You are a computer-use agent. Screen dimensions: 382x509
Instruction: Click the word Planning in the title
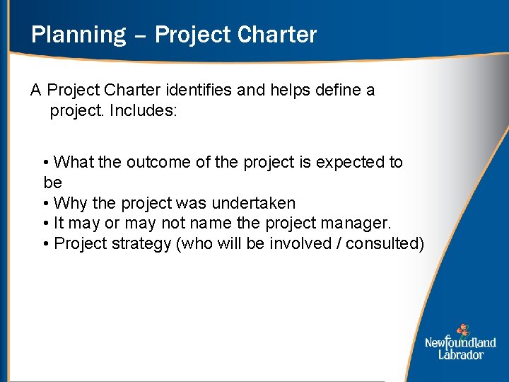coord(78,35)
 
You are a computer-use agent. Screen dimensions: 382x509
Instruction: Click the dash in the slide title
coord(139,36)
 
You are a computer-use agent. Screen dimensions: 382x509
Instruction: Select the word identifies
coord(197,91)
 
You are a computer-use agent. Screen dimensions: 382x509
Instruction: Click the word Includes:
coord(151,111)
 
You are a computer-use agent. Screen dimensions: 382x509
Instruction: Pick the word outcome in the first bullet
coord(158,163)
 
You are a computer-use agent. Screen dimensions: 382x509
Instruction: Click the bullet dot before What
coord(46,163)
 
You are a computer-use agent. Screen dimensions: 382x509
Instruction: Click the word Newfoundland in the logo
coord(460,343)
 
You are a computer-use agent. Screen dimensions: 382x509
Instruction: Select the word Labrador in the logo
coord(460,354)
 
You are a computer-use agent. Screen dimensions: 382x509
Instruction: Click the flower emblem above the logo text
coord(462,330)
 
